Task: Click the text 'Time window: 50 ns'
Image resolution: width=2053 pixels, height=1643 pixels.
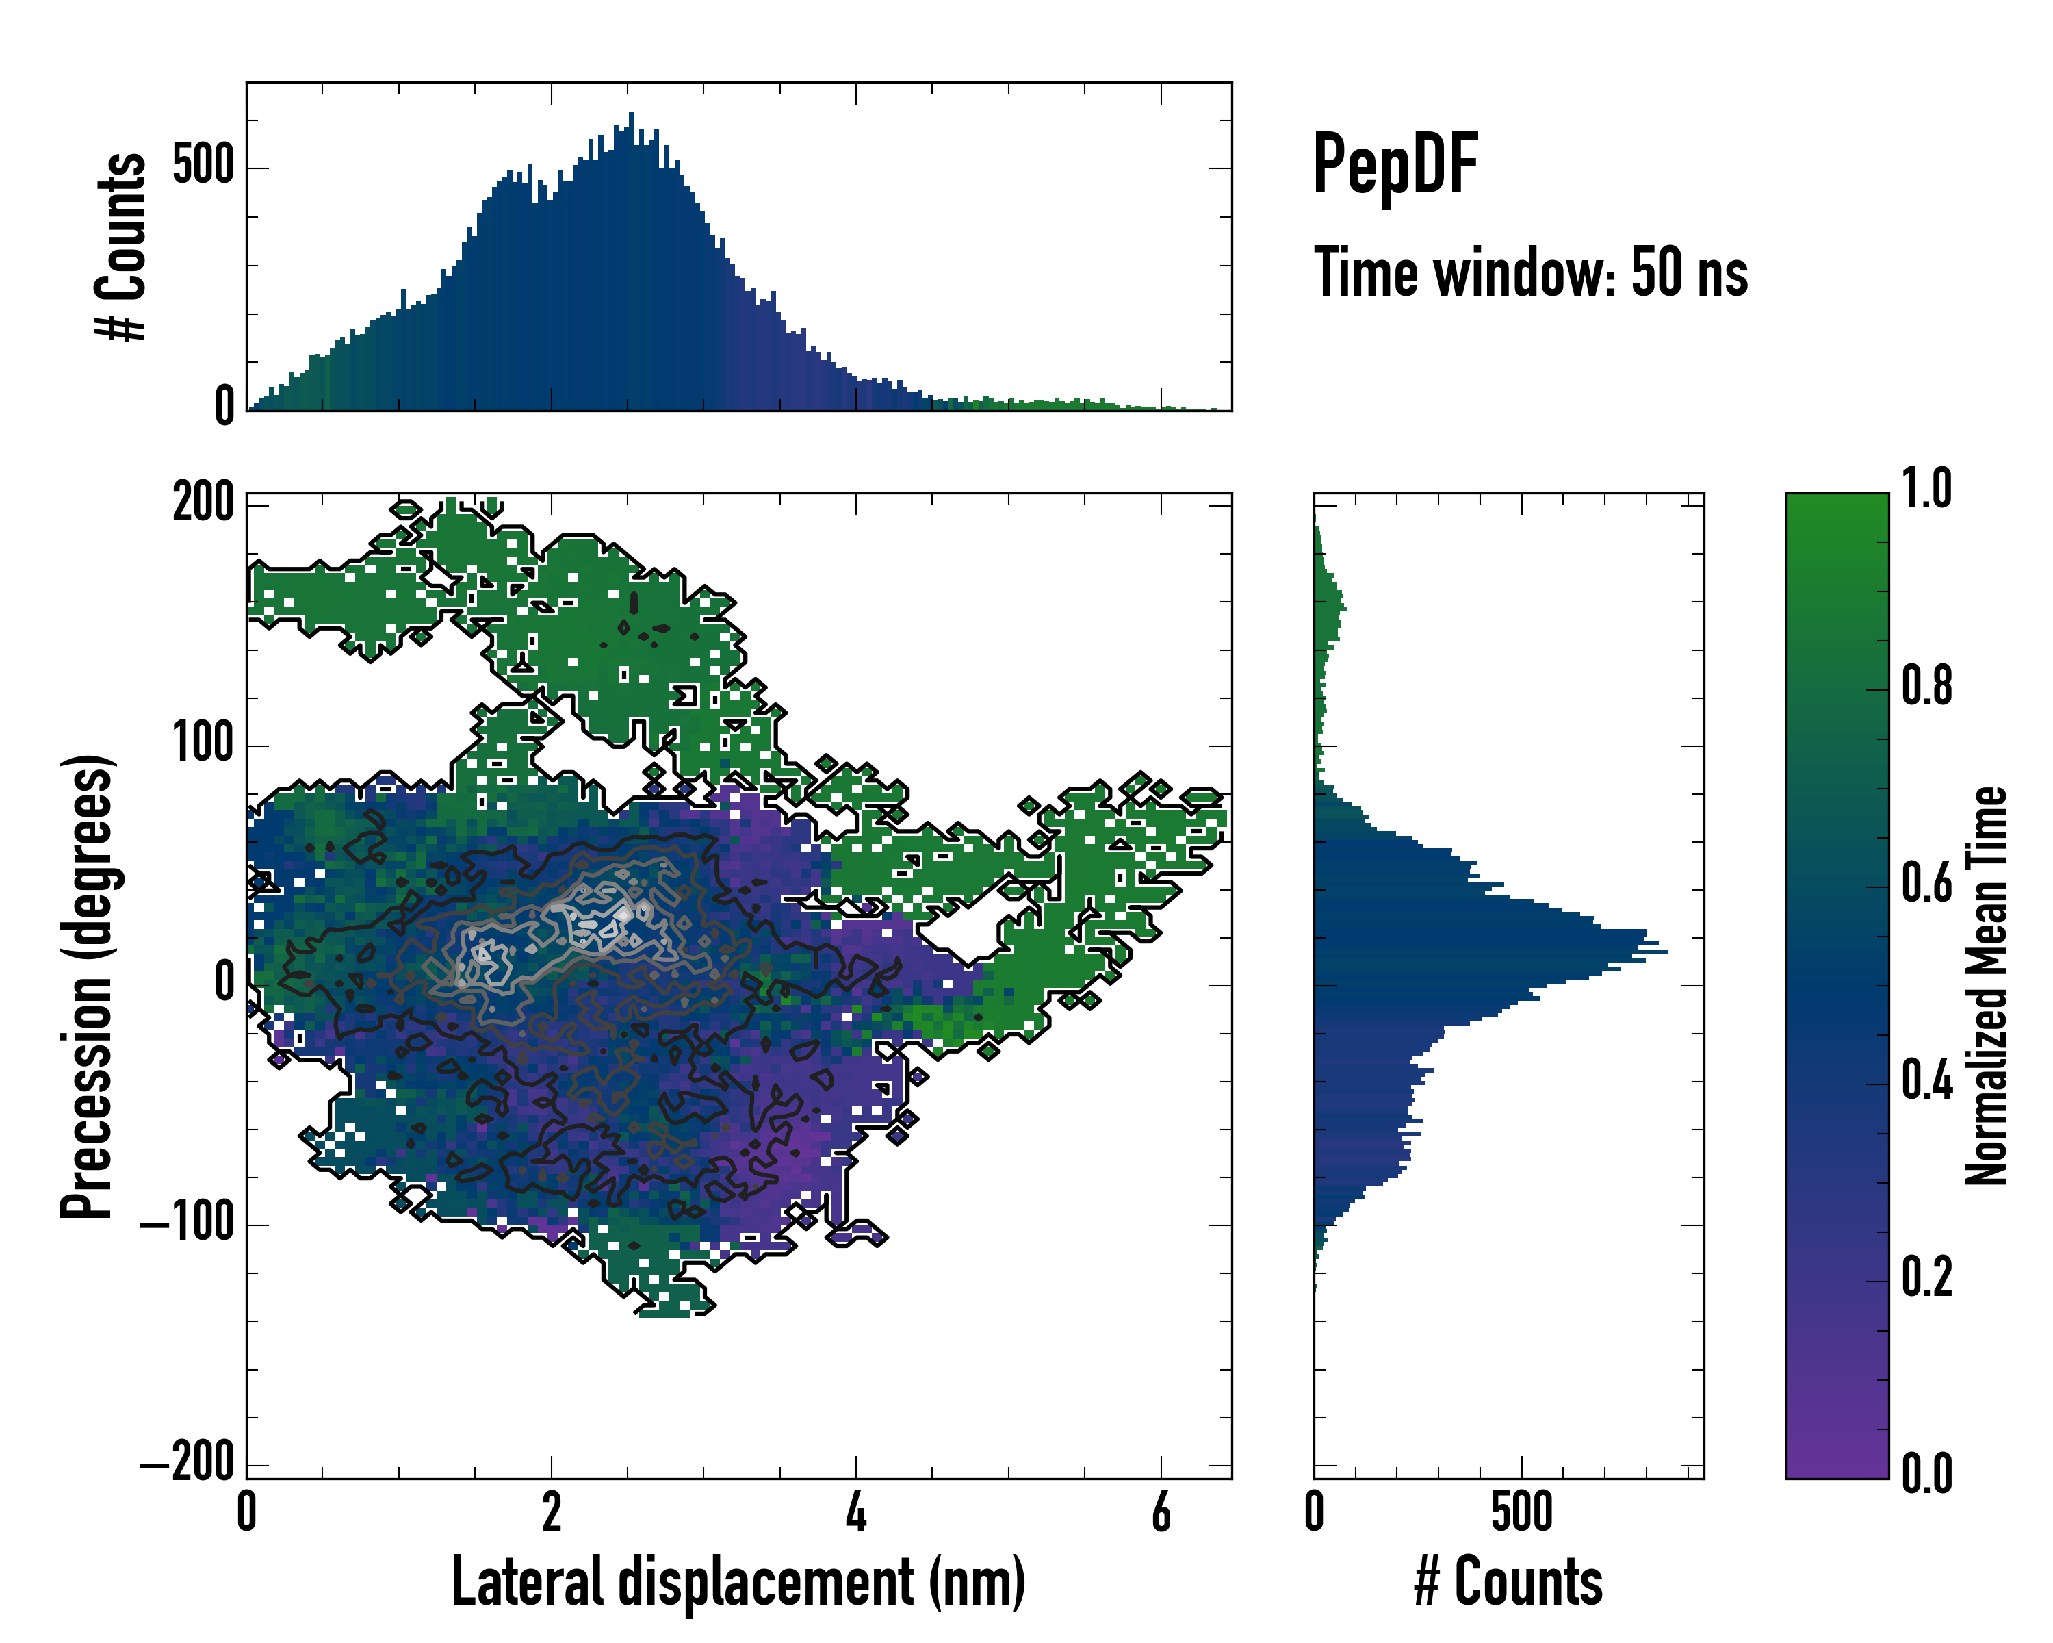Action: (1530, 273)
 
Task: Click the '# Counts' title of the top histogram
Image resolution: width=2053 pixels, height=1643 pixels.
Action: (122, 246)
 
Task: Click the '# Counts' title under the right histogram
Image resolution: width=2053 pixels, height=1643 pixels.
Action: (1508, 1581)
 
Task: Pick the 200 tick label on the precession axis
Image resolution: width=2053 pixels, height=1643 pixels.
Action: (203, 503)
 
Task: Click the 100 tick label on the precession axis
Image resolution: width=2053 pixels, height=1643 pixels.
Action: (203, 743)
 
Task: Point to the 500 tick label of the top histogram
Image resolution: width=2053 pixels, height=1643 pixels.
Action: (203, 166)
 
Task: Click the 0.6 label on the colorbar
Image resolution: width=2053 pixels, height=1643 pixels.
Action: (1926, 884)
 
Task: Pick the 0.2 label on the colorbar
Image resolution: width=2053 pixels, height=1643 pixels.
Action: (1926, 1278)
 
